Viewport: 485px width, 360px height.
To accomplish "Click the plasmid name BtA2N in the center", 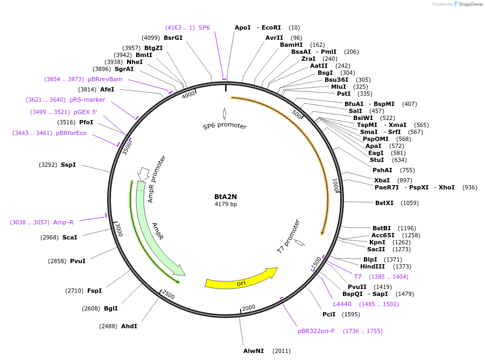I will (x=226, y=196).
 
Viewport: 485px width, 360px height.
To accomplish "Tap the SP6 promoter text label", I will (x=224, y=126).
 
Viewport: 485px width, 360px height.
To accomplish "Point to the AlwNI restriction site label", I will (x=254, y=351).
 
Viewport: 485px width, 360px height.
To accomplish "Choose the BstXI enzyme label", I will (x=384, y=203).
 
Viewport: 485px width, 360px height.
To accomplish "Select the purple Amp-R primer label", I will (x=63, y=222).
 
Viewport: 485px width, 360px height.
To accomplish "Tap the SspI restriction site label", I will (x=68, y=165).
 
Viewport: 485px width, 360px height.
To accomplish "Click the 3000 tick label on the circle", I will (x=119, y=230).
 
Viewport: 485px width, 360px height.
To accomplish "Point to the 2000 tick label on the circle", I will (x=249, y=308).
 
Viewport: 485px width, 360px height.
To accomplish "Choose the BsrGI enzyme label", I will (x=173, y=38).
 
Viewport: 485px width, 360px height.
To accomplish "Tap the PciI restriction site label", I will (x=329, y=314).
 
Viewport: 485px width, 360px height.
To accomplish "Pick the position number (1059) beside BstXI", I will (x=410, y=203).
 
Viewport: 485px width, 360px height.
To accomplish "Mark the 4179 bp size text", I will (x=226, y=204).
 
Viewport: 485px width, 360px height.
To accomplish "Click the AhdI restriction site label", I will (x=129, y=326).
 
